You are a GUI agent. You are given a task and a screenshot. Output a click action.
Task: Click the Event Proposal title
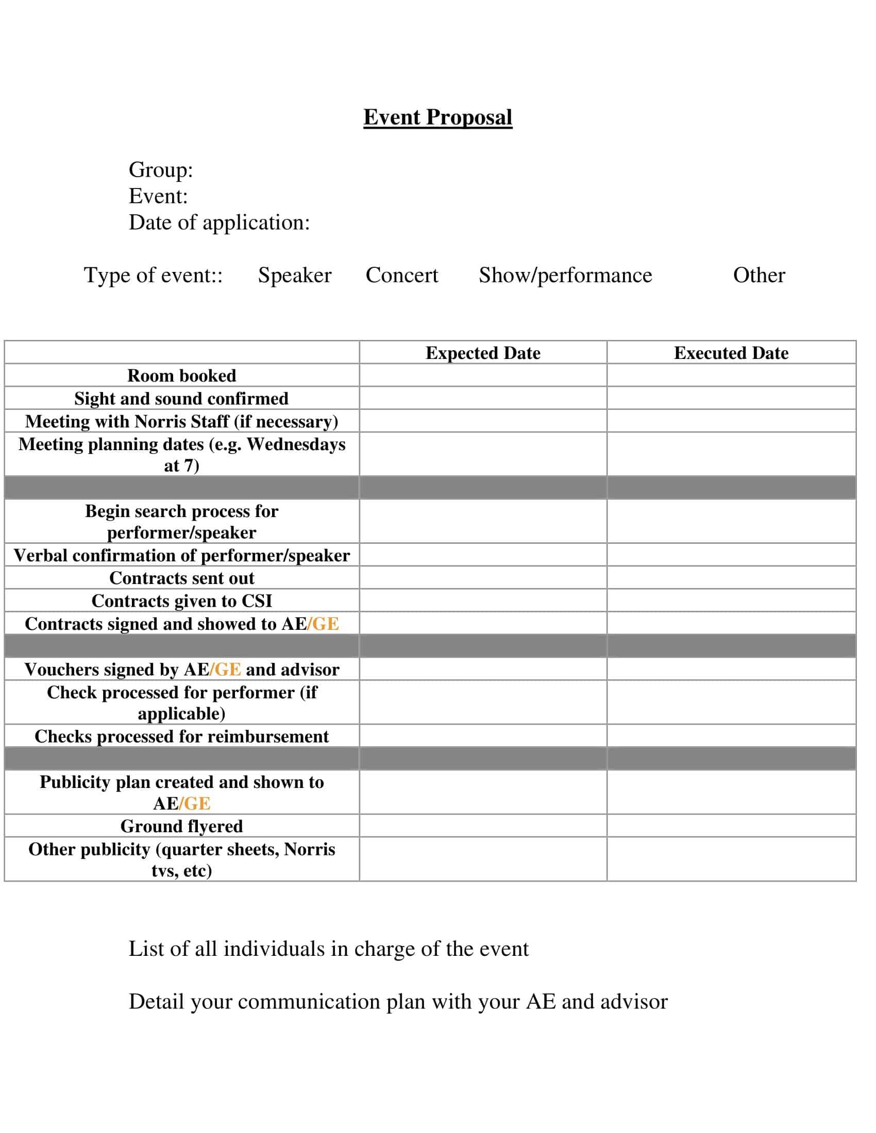[x=437, y=117]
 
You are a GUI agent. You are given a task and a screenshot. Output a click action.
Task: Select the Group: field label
[x=160, y=169]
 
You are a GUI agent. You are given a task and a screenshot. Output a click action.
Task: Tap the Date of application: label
[x=219, y=222]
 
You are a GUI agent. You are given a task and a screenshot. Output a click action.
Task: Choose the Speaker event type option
[x=294, y=275]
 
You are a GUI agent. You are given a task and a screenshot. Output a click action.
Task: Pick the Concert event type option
[x=402, y=275]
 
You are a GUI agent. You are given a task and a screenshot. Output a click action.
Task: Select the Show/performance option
[x=565, y=275]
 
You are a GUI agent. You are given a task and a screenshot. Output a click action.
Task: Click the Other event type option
[x=759, y=275]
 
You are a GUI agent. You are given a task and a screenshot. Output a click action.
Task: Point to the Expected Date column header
[x=483, y=353]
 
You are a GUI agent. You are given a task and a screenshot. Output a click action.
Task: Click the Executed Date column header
[x=731, y=353]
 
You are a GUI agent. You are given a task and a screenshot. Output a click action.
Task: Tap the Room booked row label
[x=181, y=375]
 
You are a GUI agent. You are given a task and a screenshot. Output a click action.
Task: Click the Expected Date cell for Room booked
[x=483, y=375]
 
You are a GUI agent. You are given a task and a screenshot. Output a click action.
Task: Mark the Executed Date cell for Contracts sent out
[x=731, y=578]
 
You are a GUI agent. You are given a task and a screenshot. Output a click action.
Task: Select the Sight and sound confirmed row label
[x=181, y=399]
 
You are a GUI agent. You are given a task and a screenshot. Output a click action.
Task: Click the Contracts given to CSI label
[x=181, y=600]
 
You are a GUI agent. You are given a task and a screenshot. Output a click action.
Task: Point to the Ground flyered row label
[x=181, y=826]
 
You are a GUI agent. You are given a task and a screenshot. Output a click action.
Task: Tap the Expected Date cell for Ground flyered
[x=483, y=826]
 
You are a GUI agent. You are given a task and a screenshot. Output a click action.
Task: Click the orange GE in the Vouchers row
[x=228, y=669]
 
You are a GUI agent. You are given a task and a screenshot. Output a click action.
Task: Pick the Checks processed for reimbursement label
[x=181, y=736]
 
